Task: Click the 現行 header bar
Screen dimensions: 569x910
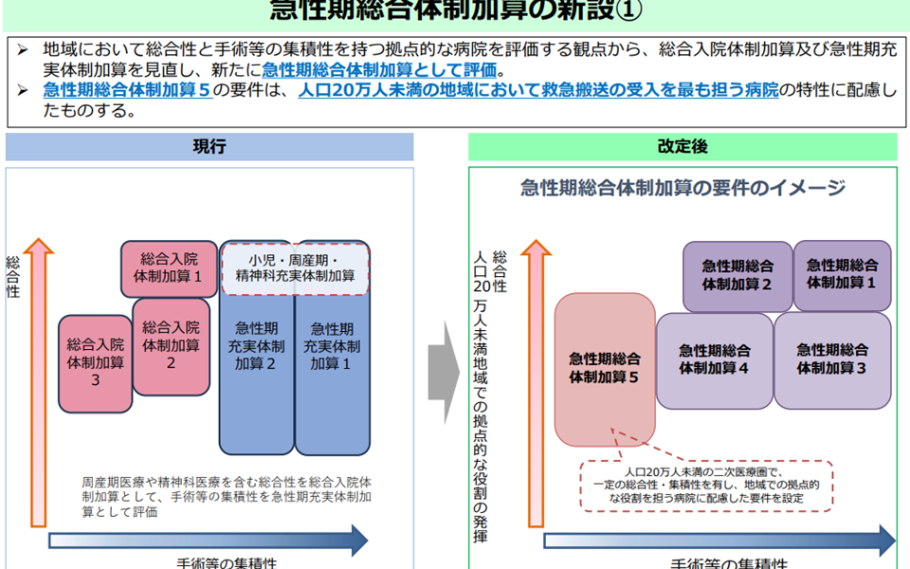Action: click(209, 147)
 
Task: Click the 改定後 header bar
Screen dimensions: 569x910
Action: click(682, 147)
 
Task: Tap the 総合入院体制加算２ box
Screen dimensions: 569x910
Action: click(171, 346)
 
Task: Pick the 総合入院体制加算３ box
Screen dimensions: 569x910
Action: click(95, 363)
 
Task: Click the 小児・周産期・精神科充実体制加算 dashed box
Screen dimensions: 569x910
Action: click(295, 268)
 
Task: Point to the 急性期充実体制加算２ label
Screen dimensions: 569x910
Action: click(256, 346)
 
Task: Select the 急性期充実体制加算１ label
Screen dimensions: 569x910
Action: click(332, 346)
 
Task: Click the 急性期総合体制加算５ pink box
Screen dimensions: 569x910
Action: click(605, 368)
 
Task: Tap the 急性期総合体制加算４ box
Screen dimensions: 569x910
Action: click(714, 359)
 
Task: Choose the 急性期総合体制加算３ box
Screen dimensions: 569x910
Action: click(832, 359)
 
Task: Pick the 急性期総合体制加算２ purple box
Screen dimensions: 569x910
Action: click(737, 275)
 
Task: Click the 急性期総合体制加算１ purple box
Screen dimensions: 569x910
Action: click(842, 274)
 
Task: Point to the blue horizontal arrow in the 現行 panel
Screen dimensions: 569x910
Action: click(209, 541)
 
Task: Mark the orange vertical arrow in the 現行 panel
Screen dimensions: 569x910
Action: click(38, 379)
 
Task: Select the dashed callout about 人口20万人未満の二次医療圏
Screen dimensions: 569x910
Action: click(706, 486)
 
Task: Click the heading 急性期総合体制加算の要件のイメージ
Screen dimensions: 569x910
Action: click(682, 188)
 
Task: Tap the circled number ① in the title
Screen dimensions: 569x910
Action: click(627, 10)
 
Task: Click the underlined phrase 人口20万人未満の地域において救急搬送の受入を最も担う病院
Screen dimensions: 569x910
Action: click(537, 91)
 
